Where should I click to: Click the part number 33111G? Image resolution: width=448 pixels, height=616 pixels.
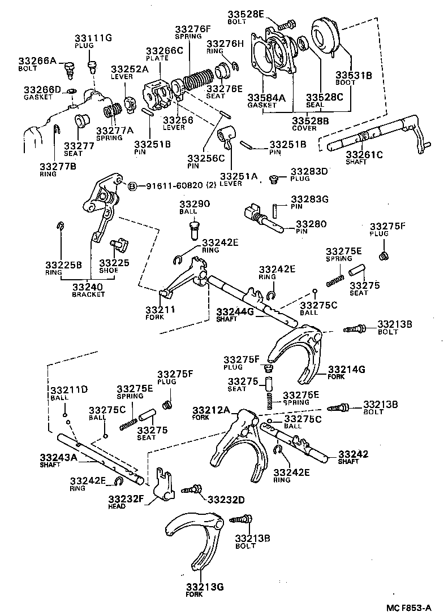click(x=93, y=38)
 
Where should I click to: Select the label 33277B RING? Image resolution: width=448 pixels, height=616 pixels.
click(x=56, y=170)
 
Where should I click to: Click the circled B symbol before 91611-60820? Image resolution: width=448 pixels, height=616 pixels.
click(x=132, y=186)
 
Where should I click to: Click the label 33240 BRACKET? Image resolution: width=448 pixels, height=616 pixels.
click(x=88, y=289)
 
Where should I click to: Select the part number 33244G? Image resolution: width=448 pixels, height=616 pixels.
click(x=236, y=311)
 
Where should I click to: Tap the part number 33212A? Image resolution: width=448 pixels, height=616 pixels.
click(x=211, y=410)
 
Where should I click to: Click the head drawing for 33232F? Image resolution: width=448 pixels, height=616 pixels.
click(x=164, y=485)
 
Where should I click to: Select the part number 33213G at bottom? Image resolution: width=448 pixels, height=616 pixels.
click(x=205, y=587)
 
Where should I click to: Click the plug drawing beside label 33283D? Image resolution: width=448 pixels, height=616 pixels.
click(x=274, y=179)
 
